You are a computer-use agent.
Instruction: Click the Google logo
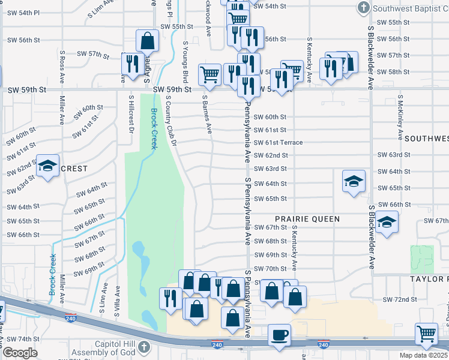pos(20,352)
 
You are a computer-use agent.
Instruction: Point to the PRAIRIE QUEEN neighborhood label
pos(307,219)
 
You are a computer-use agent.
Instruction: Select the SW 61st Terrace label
pos(278,142)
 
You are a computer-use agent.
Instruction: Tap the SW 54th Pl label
pos(23,13)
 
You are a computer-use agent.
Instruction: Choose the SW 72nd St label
pos(400,299)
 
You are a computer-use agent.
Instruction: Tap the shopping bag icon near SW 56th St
pos(148,41)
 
